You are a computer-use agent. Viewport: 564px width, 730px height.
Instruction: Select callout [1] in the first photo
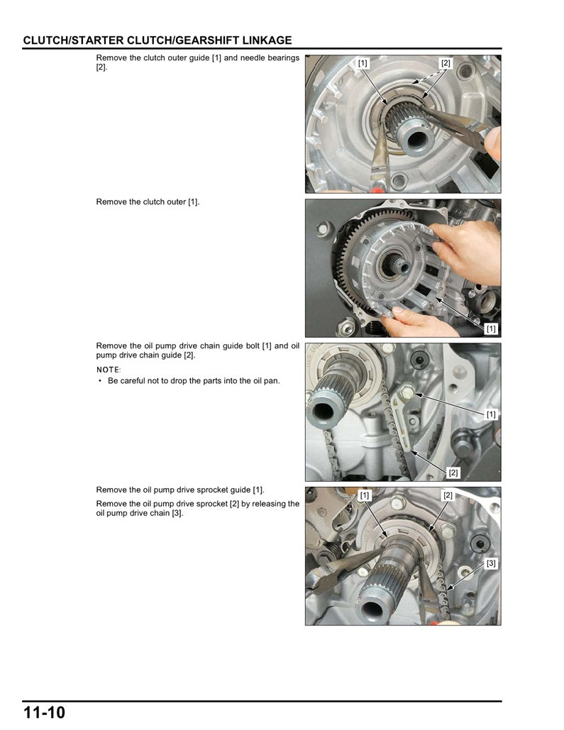363,63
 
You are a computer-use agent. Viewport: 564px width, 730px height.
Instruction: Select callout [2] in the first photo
446,63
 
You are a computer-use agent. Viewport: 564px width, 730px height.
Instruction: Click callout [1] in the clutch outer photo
491,329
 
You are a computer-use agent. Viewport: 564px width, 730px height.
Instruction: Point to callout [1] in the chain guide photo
491,414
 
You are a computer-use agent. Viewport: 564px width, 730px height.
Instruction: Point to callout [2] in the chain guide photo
453,472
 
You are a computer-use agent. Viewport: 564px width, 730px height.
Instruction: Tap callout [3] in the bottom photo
491,563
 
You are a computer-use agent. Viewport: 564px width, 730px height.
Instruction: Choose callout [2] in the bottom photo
448,495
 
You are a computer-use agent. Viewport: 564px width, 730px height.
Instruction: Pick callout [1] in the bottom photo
364,495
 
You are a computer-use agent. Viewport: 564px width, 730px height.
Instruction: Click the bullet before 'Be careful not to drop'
100,381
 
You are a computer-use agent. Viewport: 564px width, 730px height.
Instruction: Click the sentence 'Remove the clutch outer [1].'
148,202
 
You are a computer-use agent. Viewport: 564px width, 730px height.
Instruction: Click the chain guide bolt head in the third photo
407,389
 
